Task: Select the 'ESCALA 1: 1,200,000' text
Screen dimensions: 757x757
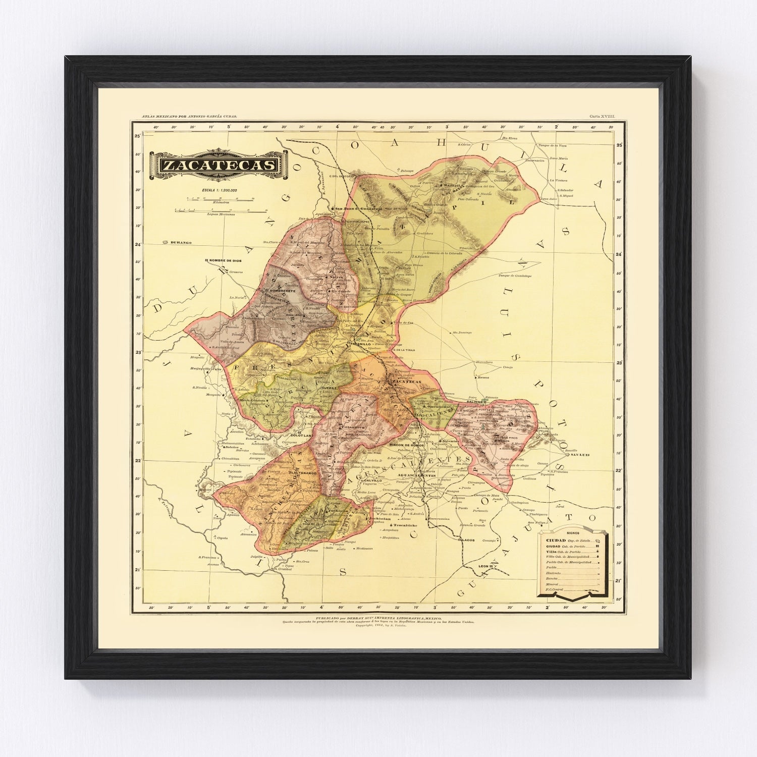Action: coord(220,190)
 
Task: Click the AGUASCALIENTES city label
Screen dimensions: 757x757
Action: coord(403,476)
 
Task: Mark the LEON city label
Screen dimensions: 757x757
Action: coord(483,566)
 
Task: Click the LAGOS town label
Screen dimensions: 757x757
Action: coord(466,540)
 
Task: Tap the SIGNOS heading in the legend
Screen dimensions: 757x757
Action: coord(573,532)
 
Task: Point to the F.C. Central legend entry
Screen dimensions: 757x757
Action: coord(555,589)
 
